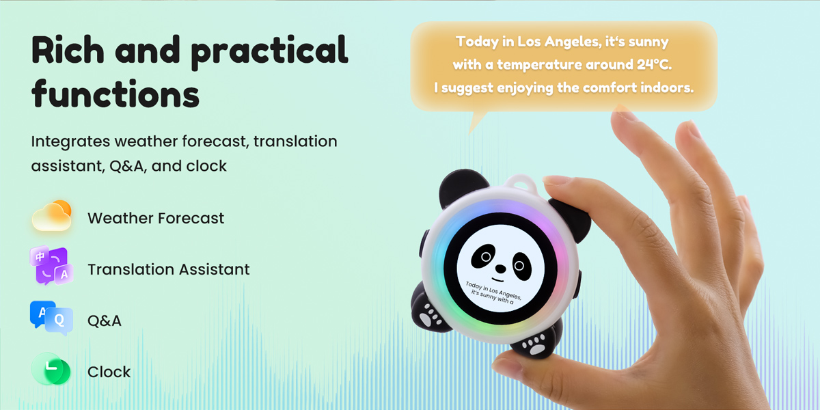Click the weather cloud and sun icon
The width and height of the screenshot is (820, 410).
(x=52, y=217)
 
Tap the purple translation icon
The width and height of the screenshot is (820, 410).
(x=49, y=267)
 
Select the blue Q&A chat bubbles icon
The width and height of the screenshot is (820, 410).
(x=51, y=318)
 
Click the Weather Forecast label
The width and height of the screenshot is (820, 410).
(x=156, y=219)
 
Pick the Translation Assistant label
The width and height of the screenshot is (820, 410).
(x=168, y=270)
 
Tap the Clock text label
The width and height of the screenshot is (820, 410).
(x=109, y=372)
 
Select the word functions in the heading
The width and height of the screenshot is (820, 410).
(x=115, y=94)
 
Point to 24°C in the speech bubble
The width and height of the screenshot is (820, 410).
(x=650, y=65)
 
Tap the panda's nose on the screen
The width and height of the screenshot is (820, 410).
(x=502, y=267)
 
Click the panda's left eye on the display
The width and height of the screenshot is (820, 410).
(x=484, y=257)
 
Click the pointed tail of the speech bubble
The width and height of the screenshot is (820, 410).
(x=478, y=123)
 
